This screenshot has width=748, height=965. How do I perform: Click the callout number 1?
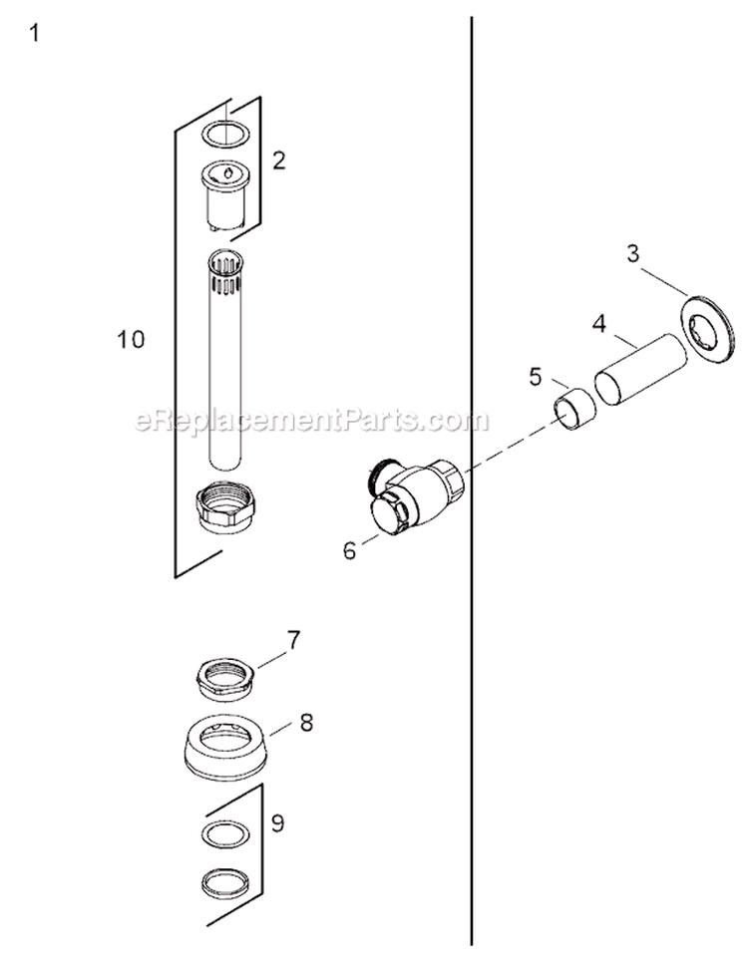pyautogui.click(x=35, y=33)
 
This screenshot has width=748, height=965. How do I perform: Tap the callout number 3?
pyautogui.click(x=633, y=253)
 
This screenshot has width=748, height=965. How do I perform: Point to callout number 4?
pyautogui.click(x=599, y=324)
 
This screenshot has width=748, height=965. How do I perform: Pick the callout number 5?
pyautogui.click(x=535, y=377)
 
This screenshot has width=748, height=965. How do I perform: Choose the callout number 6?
pyautogui.click(x=350, y=550)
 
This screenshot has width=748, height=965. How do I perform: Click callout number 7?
pyautogui.click(x=293, y=640)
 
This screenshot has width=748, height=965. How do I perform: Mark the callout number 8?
pyautogui.click(x=306, y=722)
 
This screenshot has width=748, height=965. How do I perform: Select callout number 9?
pyautogui.click(x=277, y=822)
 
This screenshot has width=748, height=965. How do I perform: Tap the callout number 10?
pyautogui.click(x=131, y=339)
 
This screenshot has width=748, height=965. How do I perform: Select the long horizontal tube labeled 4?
pyautogui.click(x=640, y=369)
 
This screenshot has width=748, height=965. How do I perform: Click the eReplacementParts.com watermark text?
pyautogui.click(x=311, y=421)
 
